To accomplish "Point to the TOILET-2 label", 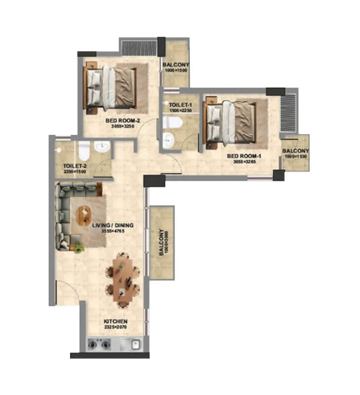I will (x=75, y=166).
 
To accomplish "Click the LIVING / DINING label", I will (x=113, y=225).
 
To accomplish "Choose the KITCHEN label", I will (x=116, y=321).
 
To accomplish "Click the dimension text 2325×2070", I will (x=116, y=327).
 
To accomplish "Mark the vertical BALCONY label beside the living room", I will (x=161, y=242).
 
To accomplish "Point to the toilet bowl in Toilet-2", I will (x=84, y=149).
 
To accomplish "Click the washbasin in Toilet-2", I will (x=103, y=147).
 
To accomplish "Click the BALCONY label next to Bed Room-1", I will (x=295, y=151).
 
